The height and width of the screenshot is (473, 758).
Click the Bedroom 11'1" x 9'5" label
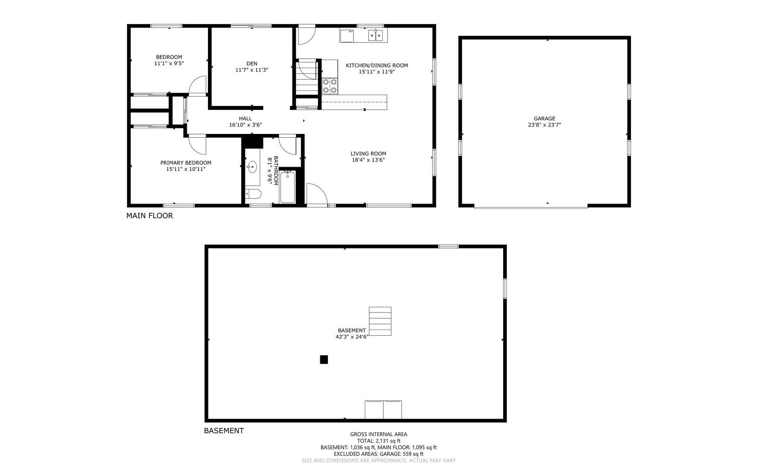[169, 60]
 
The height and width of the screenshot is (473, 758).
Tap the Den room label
[252, 66]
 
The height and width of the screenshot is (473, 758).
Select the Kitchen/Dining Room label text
[377, 69]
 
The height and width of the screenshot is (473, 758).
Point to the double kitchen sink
[376, 35]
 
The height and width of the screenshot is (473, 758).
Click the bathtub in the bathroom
[288, 187]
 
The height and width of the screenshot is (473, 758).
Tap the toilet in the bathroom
[253, 193]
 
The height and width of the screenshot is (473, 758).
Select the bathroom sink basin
[252, 167]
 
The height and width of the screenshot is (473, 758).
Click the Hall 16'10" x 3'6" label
[245, 122]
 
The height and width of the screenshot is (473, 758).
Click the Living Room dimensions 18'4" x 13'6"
[368, 160]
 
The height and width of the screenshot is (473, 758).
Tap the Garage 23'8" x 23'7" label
[544, 122]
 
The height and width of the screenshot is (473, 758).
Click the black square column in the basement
[324, 360]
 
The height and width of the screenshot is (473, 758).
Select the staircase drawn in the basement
[380, 321]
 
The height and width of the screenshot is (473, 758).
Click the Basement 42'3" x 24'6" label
[352, 334]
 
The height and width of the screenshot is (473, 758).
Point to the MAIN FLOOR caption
[149, 216]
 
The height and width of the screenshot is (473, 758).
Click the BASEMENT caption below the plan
[224, 431]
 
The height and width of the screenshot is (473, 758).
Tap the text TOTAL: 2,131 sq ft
[379, 441]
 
